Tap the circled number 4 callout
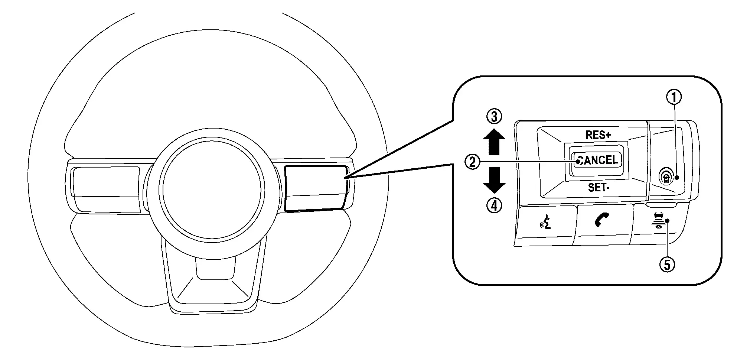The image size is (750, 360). click(494, 205)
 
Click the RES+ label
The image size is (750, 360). click(598, 135)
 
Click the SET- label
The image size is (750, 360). click(599, 188)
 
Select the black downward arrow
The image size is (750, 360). click(494, 180)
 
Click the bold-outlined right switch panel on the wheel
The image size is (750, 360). click(316, 188)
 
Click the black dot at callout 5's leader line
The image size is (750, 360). click(667, 221)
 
